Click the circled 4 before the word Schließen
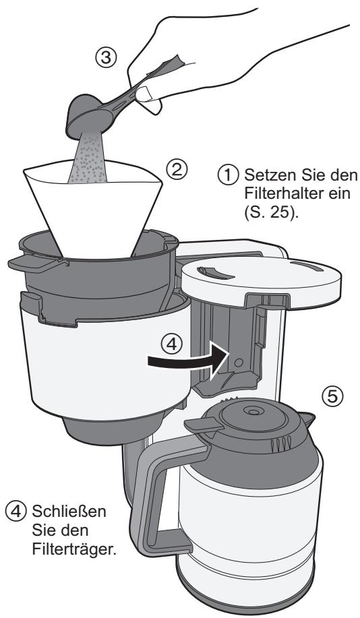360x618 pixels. tap(12, 507)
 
